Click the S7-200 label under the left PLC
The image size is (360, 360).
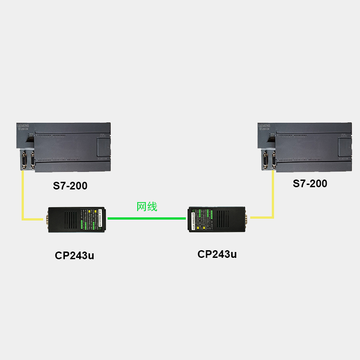[70, 185]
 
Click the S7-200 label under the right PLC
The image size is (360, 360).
[310, 184]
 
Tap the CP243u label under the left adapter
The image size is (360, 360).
[75, 256]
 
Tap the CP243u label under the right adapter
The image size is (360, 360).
[217, 254]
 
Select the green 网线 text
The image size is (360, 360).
[147, 207]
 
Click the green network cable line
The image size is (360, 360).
[147, 219]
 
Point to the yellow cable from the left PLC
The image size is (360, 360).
[22, 198]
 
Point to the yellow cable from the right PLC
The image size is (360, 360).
[273, 198]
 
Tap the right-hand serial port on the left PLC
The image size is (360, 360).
[32, 161]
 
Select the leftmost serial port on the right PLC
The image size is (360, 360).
[265, 161]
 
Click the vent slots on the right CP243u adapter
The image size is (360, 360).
[225, 218]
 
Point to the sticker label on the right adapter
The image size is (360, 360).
[201, 219]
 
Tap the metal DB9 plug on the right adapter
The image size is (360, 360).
[247, 218]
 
